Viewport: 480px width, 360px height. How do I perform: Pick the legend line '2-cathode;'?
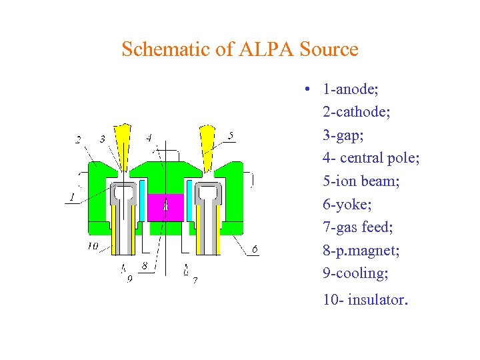coord(357,112)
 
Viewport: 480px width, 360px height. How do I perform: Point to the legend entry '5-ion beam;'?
coord(361,181)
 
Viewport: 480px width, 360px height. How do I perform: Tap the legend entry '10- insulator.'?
coord(364,300)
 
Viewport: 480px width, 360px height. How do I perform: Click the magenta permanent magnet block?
coord(165,206)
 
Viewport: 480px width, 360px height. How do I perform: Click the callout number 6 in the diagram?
coord(255,250)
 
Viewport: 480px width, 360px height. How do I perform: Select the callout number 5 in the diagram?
coord(231,136)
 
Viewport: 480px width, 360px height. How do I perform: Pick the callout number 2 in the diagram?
coord(79,139)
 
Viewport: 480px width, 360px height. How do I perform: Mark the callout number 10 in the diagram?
coord(93,247)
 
